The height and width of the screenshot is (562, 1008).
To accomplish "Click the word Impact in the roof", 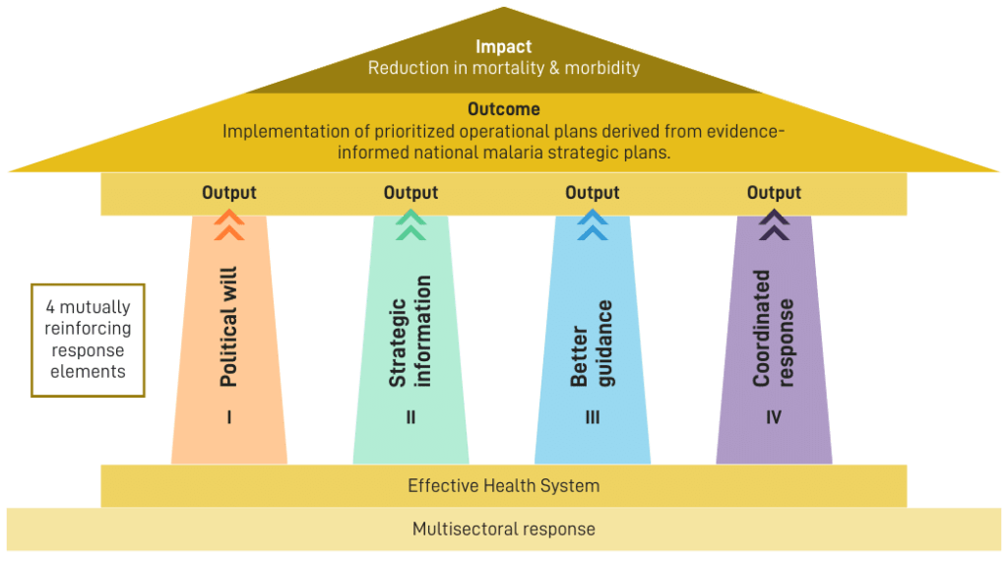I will click(x=503, y=47).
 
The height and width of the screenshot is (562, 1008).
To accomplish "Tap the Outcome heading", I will click(x=503, y=110).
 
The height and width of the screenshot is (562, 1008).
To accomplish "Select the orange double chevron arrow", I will click(x=229, y=225).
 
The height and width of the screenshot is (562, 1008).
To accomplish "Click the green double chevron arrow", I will click(x=410, y=225).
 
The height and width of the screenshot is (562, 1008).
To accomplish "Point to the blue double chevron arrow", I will click(x=593, y=225).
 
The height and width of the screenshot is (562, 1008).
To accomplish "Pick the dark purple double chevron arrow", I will click(x=774, y=225).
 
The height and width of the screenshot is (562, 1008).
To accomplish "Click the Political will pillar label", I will click(x=229, y=326).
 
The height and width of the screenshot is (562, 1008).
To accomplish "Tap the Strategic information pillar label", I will click(x=410, y=331).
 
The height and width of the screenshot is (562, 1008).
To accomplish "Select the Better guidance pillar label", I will click(x=593, y=343).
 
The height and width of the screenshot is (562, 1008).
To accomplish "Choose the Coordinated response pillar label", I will click(x=774, y=328).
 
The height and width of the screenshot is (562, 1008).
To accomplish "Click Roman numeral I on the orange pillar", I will click(x=229, y=417).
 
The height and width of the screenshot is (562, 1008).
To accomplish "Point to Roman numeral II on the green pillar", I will click(x=410, y=417).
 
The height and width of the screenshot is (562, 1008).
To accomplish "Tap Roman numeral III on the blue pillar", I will click(x=593, y=417).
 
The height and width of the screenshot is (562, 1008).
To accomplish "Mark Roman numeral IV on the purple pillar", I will click(x=774, y=417).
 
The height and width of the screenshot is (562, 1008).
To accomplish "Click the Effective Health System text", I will click(x=503, y=485).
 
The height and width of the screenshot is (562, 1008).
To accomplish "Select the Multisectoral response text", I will click(x=503, y=529).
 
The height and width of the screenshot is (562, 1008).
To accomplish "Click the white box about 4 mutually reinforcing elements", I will click(x=89, y=340).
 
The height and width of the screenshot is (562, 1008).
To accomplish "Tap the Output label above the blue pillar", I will click(x=593, y=193).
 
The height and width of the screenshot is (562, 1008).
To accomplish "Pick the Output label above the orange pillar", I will click(x=229, y=193).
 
